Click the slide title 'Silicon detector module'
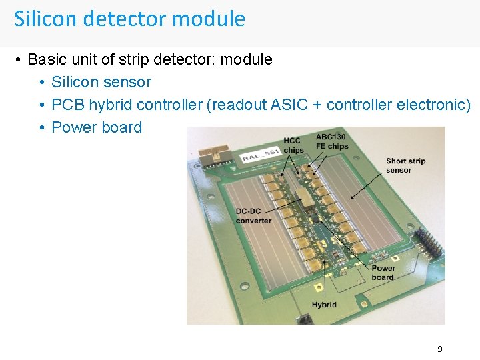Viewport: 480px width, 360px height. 129,19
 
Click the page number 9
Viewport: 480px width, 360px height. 439,349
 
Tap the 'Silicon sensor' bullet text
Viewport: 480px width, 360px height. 101,82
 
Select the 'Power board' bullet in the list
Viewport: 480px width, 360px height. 97,127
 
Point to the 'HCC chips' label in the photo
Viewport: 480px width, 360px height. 293,145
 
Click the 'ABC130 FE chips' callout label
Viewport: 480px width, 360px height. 331,141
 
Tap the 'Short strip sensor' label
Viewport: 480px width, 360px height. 405,165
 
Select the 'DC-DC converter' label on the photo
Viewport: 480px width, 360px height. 253,216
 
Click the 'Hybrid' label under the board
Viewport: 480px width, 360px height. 324,305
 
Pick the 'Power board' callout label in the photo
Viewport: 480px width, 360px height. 383,273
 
